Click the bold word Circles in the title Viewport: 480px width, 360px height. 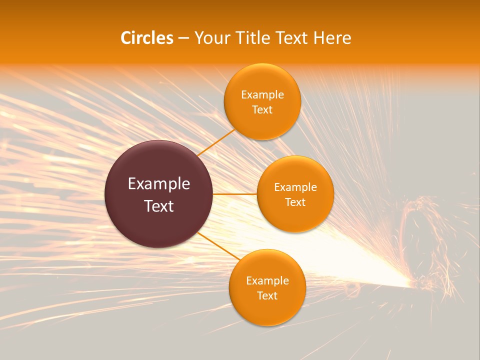pos(147,38)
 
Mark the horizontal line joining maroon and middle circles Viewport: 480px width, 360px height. pos(234,194)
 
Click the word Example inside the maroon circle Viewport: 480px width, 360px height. pos(159,184)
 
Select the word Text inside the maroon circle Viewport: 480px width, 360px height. pos(159,206)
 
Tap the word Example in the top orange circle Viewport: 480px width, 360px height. pos(262,95)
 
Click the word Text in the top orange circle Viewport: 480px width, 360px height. pos(262,110)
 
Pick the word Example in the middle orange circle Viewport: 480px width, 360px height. pos(295,187)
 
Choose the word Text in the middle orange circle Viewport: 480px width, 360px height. pos(295,202)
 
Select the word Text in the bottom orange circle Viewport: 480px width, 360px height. pos(267,296)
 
